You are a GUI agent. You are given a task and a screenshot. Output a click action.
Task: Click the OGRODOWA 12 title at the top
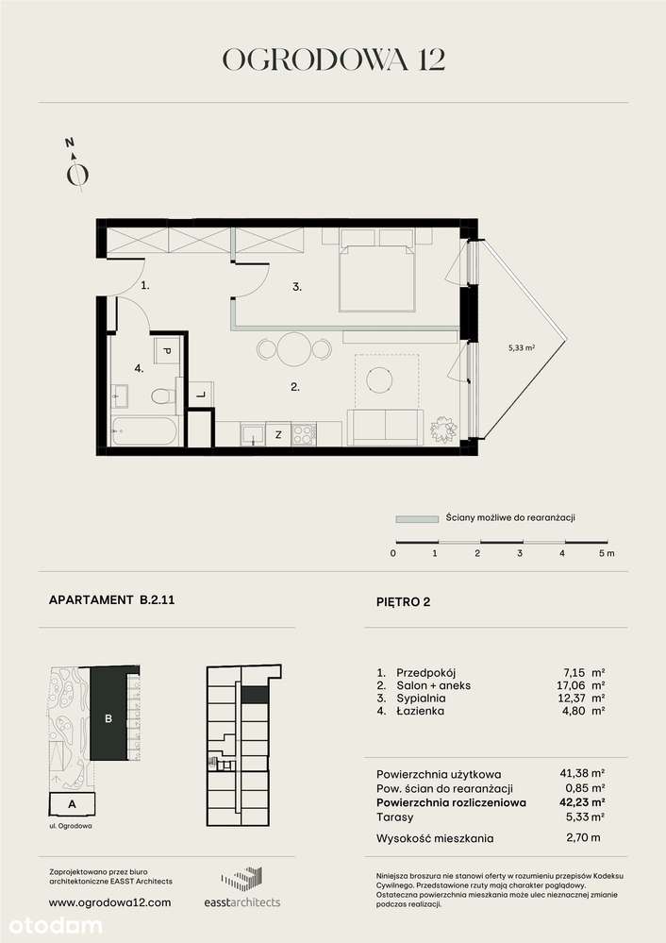coord(333,60)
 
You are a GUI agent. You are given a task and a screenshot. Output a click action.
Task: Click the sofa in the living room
coord(385,427)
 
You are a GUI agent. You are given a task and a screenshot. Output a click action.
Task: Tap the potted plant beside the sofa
coord(441,429)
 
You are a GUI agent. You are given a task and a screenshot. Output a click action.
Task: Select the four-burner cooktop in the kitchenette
coord(304,435)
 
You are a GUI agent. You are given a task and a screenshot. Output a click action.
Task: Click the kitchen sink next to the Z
coord(252,434)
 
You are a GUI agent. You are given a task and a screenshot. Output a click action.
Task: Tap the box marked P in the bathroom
coord(167,350)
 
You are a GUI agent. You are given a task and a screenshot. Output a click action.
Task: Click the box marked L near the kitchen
coord(201,397)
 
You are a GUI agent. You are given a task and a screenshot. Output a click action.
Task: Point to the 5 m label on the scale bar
coord(606,554)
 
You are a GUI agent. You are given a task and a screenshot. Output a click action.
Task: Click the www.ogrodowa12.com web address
coord(109,902)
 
